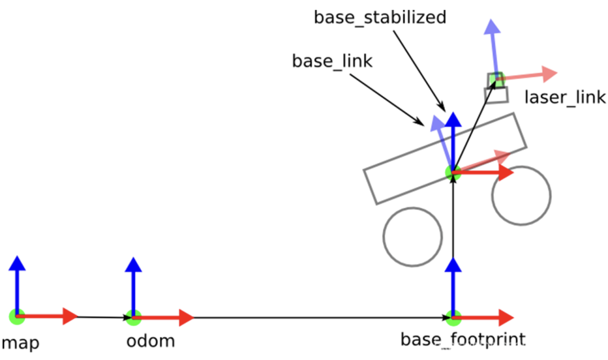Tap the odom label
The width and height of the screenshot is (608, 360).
click(150, 341)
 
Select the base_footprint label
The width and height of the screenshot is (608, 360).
click(463, 339)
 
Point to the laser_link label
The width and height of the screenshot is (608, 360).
click(565, 97)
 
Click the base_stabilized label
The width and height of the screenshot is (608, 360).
click(380, 17)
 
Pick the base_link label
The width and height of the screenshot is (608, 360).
click(332, 61)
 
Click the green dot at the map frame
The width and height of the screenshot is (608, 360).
click(17, 317)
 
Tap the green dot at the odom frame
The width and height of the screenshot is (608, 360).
click(133, 318)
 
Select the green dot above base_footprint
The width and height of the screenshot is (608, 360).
click(453, 318)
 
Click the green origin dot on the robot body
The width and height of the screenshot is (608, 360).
click(453, 173)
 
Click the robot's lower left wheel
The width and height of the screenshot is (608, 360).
click(412, 237)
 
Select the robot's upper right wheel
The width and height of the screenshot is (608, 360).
click(521, 195)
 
